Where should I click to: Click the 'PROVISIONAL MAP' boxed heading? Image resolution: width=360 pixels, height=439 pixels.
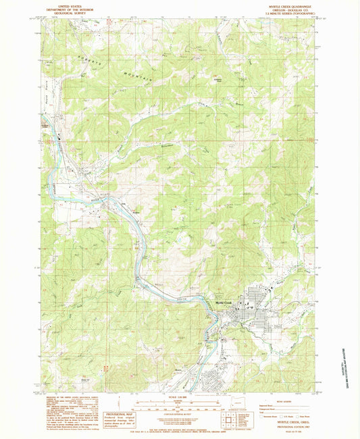[x=125, y=414]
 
